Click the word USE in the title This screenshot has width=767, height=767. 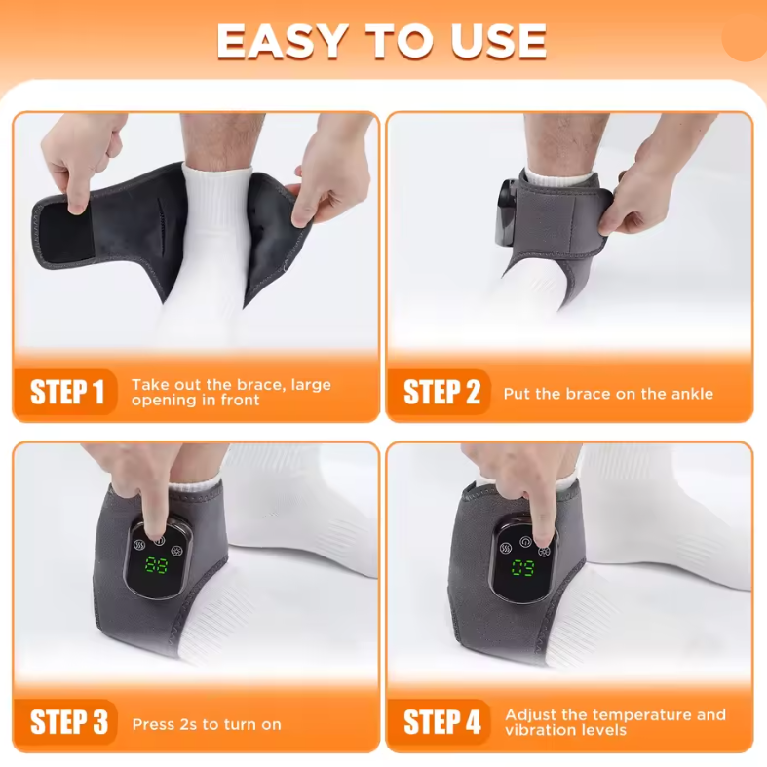[x=498, y=41]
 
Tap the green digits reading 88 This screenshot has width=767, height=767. [x=157, y=565]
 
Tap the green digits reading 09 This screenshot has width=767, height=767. [x=523, y=567]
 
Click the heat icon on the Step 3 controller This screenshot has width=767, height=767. [x=140, y=545]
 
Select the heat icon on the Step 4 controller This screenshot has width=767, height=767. [x=506, y=548]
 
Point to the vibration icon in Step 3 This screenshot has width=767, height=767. [x=176, y=551]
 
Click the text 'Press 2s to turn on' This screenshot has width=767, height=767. [x=207, y=724]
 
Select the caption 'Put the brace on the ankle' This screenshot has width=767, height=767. [x=608, y=394]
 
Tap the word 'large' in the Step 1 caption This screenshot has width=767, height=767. [x=311, y=385]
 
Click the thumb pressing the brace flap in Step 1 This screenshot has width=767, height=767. [x=77, y=199]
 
